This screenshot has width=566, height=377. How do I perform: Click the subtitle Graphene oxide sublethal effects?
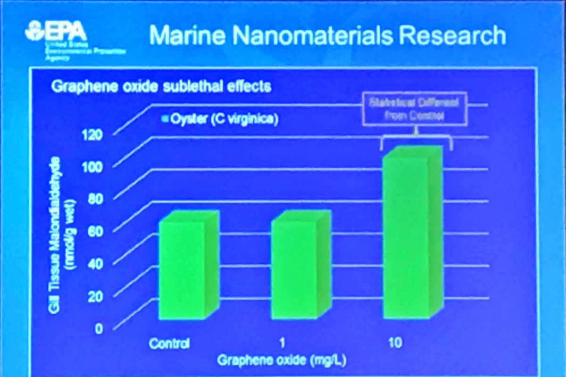click(160, 87)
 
